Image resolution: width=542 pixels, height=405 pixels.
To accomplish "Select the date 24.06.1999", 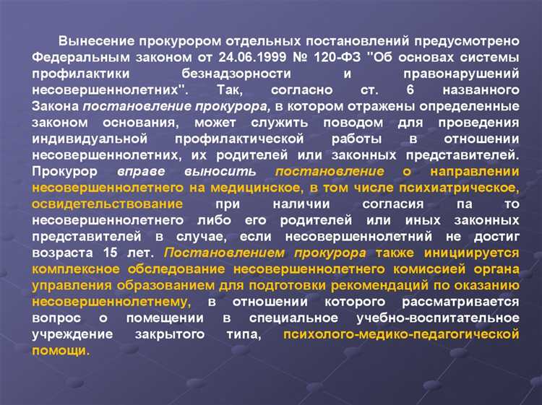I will tap(227, 57).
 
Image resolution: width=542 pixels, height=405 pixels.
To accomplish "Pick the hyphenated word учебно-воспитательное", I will tap(439, 318).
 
